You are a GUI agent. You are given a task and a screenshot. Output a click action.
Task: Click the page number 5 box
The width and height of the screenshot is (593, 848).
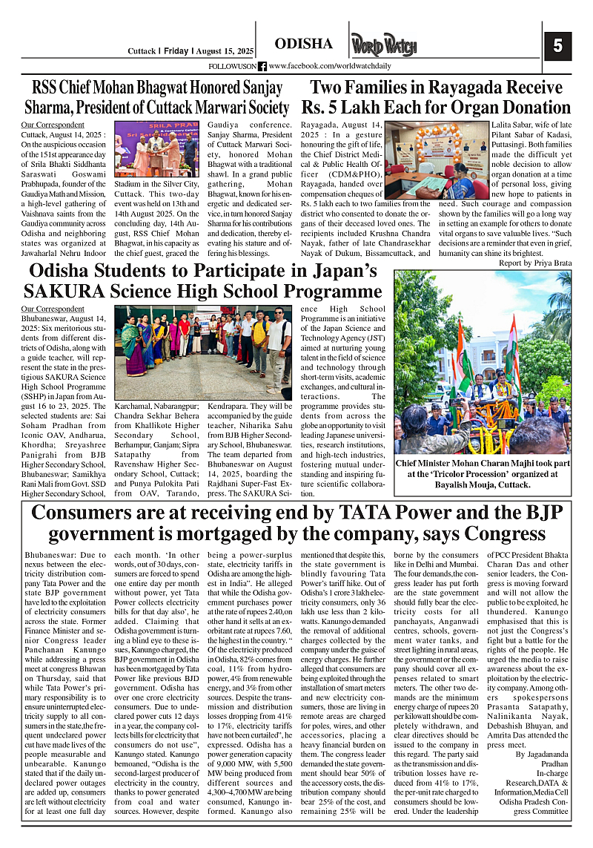(557, 45)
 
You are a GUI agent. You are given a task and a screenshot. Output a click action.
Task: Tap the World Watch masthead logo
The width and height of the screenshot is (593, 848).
(385, 46)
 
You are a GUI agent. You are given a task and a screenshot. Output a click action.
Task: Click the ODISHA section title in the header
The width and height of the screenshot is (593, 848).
(303, 45)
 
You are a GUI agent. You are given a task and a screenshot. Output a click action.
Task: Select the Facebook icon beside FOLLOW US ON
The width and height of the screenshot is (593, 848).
(262, 66)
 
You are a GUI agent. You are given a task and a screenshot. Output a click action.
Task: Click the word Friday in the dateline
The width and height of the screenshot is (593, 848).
(176, 51)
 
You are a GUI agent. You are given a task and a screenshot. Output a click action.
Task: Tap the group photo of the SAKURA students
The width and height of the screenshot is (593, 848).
(205, 352)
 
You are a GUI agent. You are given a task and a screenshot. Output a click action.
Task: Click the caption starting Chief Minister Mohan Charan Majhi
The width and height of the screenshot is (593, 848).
(482, 475)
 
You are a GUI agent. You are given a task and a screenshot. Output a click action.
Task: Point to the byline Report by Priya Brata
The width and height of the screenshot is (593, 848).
(534, 263)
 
